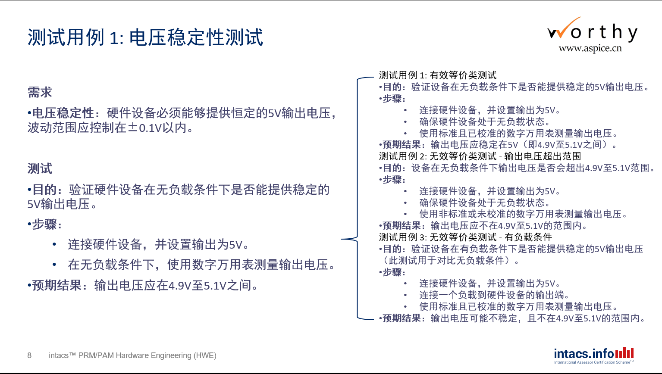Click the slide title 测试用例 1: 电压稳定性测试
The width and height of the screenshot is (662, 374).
coord(145,37)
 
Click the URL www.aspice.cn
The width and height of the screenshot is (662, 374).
coord(590,48)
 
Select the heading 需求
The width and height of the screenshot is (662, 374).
coord(40,92)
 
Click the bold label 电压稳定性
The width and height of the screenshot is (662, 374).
coord(63,113)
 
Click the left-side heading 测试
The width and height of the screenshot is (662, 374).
coord(40,169)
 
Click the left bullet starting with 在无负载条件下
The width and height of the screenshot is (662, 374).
coord(202,265)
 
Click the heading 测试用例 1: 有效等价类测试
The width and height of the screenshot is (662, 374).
coord(438,75)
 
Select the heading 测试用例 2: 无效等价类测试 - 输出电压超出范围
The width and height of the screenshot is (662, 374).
coord(480,156)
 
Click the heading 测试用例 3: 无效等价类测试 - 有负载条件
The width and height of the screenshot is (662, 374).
coord(465,237)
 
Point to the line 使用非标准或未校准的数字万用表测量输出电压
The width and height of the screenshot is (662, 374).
coord(524,214)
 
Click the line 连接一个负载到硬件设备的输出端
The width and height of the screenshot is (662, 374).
coord(494,295)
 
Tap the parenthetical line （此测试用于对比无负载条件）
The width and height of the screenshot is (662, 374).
coord(449,260)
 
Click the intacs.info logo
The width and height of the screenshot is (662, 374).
coord(594,355)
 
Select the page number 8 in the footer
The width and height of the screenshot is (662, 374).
coord(29,355)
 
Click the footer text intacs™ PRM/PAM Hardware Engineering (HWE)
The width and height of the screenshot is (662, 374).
coord(132,355)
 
